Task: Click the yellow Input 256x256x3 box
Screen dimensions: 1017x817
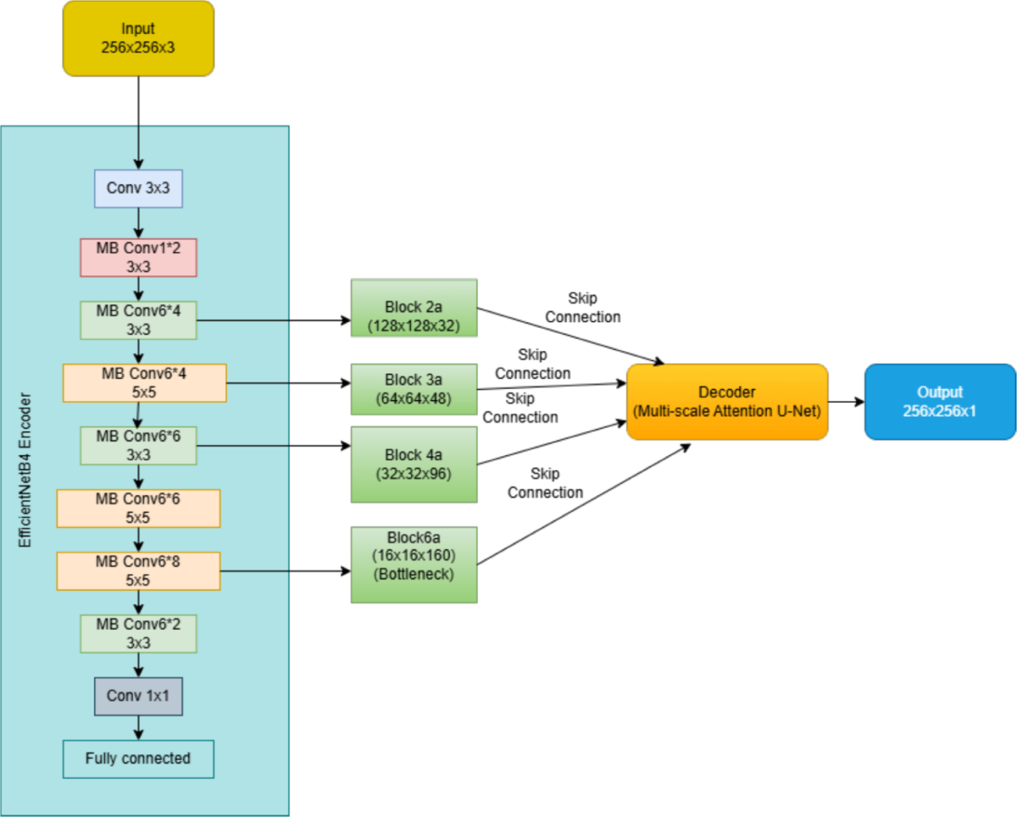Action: tap(138, 38)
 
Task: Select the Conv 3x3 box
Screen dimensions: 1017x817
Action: tap(138, 188)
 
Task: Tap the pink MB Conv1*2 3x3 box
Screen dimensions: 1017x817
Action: tap(138, 258)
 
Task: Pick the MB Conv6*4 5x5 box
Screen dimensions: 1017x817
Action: tap(145, 383)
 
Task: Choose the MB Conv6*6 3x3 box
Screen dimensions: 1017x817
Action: tap(138, 446)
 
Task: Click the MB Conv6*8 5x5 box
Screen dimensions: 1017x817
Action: tap(138, 571)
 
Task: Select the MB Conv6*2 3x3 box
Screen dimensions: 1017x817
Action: tap(138, 634)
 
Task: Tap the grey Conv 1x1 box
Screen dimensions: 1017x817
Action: tap(138, 697)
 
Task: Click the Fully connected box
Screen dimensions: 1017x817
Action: tap(138, 759)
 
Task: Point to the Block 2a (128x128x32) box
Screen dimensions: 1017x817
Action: tap(414, 308)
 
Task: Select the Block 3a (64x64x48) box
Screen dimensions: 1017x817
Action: tap(414, 389)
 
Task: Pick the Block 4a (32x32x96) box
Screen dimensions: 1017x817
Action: tap(414, 464)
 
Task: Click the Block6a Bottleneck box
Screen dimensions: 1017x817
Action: tap(414, 564)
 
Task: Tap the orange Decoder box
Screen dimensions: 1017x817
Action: tap(727, 402)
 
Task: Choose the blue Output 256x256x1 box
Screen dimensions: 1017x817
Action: tap(941, 402)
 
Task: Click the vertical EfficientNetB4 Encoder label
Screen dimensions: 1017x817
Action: tap(25, 470)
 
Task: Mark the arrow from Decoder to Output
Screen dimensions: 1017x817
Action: tap(847, 402)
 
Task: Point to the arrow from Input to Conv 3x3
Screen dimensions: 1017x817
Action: tap(138, 123)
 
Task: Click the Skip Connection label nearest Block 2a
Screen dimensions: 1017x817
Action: tap(583, 308)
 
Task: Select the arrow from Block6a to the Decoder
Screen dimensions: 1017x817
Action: tap(584, 504)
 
